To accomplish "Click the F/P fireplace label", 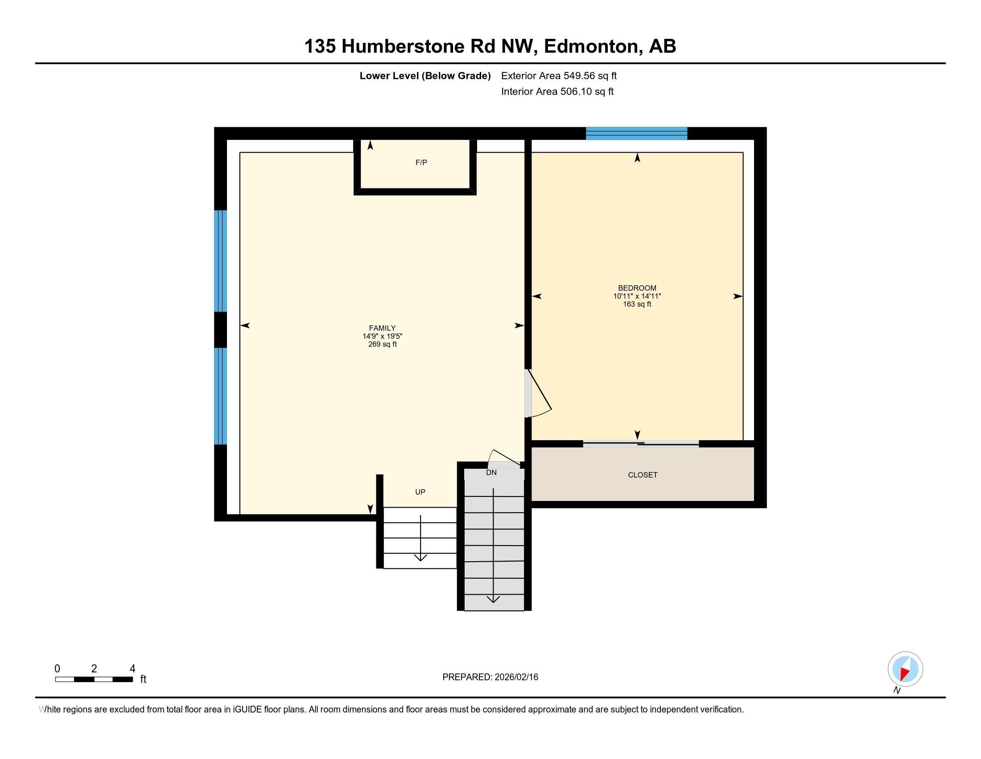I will [421, 163].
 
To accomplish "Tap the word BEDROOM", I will [637, 288].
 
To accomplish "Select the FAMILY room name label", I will [382, 328].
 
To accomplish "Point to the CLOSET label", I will [642, 475].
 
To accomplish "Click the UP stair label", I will [420, 492].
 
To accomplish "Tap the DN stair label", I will [491, 472].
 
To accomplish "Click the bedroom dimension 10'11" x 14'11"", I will [637, 296].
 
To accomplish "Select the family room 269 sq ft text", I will [382, 344].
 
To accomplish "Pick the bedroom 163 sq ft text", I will [637, 304].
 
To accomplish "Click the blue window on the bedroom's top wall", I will [636, 133].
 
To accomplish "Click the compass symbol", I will [905, 669].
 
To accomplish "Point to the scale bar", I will [94, 680].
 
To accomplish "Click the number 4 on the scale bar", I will [132, 669].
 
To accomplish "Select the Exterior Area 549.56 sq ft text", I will [559, 76].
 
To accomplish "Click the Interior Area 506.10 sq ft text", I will [557, 92].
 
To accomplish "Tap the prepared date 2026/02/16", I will [515, 677].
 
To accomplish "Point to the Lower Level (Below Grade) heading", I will [425, 76].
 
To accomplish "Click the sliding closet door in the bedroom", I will [640, 444].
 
